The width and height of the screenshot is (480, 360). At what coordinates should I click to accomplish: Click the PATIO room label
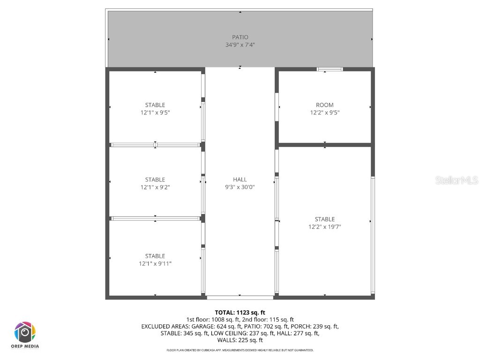(240, 37)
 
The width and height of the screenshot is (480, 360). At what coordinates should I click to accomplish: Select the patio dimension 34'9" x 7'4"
(240, 45)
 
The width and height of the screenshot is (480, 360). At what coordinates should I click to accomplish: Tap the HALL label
(240, 180)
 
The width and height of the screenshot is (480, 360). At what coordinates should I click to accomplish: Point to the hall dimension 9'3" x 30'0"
(240, 187)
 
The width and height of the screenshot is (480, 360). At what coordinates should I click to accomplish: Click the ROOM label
(325, 105)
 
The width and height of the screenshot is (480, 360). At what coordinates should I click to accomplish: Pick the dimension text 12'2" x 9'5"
(325, 112)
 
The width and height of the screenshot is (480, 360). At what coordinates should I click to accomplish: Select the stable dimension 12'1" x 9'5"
(155, 112)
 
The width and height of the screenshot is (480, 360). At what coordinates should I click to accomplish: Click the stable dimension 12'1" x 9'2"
(155, 187)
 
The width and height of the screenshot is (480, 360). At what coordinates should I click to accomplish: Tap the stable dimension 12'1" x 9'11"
(155, 263)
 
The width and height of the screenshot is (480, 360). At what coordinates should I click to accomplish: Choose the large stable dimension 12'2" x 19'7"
(325, 227)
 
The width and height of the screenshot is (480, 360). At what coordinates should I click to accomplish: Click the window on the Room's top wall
(330, 69)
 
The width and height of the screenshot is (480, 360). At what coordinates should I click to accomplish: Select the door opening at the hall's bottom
(240, 297)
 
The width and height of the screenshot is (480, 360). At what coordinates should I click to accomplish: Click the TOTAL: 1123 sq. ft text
(240, 312)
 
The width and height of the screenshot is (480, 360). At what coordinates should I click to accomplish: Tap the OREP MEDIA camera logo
(24, 332)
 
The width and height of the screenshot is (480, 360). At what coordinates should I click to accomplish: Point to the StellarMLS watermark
(457, 180)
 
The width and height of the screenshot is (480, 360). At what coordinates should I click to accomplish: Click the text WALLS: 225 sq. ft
(240, 340)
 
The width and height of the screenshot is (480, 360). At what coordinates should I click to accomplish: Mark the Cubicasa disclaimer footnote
(240, 350)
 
